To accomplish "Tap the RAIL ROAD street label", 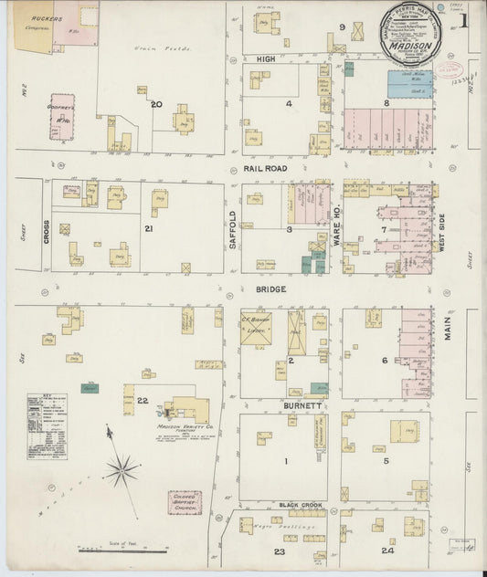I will click(265, 168).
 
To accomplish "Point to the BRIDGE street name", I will click(270, 288).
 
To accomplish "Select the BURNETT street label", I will click(302, 404).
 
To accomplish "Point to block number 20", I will click(156, 104).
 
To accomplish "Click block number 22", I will click(142, 401).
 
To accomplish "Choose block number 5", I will click(386, 461).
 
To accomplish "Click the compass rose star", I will click(120, 470).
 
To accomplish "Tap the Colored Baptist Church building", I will click(185, 503).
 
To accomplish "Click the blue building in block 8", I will click(409, 85).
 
